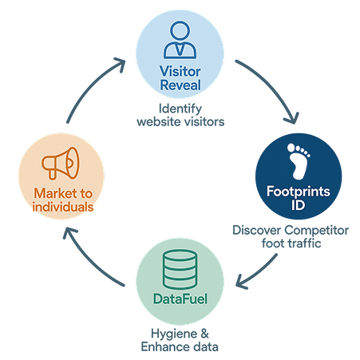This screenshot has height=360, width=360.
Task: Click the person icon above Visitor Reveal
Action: (x=180, y=40)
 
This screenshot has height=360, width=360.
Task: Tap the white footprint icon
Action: (x=298, y=161)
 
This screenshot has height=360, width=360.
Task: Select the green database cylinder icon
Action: (x=180, y=270)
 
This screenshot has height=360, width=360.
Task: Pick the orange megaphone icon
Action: (x=61, y=163)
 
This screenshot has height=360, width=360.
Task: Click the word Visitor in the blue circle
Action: (x=180, y=71)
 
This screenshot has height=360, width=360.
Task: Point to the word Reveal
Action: (x=180, y=85)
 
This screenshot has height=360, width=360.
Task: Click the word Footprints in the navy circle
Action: (x=299, y=192)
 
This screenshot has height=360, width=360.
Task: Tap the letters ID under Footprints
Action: (x=298, y=205)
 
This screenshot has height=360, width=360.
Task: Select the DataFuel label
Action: (x=180, y=299)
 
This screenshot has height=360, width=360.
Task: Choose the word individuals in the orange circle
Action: (x=63, y=207)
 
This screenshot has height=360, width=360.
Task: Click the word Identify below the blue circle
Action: (x=180, y=109)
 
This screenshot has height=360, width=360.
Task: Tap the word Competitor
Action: (x=316, y=231)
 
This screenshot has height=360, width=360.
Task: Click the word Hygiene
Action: (x=174, y=334)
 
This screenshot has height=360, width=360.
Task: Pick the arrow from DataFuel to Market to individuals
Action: (x=88, y=261)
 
